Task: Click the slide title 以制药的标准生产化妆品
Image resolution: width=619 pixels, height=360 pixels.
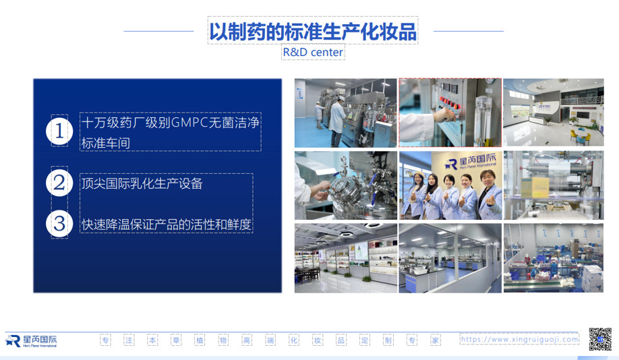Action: (x=313, y=32)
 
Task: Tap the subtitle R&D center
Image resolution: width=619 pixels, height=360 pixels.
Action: (x=313, y=52)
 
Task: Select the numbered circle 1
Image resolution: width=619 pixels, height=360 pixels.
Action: (x=59, y=131)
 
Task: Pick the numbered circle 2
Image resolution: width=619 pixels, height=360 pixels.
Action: (x=59, y=183)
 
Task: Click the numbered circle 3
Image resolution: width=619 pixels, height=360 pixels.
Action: (x=59, y=224)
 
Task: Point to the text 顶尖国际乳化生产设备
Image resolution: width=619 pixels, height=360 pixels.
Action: (x=142, y=183)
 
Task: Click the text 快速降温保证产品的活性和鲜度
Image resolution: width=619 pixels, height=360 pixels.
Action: (x=166, y=224)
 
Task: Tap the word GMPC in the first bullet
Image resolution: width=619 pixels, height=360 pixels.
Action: (x=189, y=123)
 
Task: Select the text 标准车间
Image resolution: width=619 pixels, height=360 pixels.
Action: (x=105, y=144)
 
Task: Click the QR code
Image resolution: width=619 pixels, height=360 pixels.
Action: (x=600, y=340)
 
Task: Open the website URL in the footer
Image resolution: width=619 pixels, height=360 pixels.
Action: (x=519, y=339)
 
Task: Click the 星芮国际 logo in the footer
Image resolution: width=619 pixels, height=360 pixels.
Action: (x=31, y=341)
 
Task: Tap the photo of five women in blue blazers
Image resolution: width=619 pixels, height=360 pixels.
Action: (x=450, y=185)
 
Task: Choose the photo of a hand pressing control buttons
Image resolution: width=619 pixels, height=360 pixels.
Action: (x=450, y=113)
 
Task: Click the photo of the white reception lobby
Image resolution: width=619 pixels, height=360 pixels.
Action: (x=554, y=113)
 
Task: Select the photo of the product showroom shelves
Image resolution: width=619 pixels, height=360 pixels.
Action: (x=346, y=258)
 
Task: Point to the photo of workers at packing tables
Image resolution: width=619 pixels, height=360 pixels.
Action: (x=554, y=258)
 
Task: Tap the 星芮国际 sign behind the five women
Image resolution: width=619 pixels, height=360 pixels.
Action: (x=471, y=161)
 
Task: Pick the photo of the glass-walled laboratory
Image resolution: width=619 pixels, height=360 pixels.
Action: (x=450, y=258)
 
